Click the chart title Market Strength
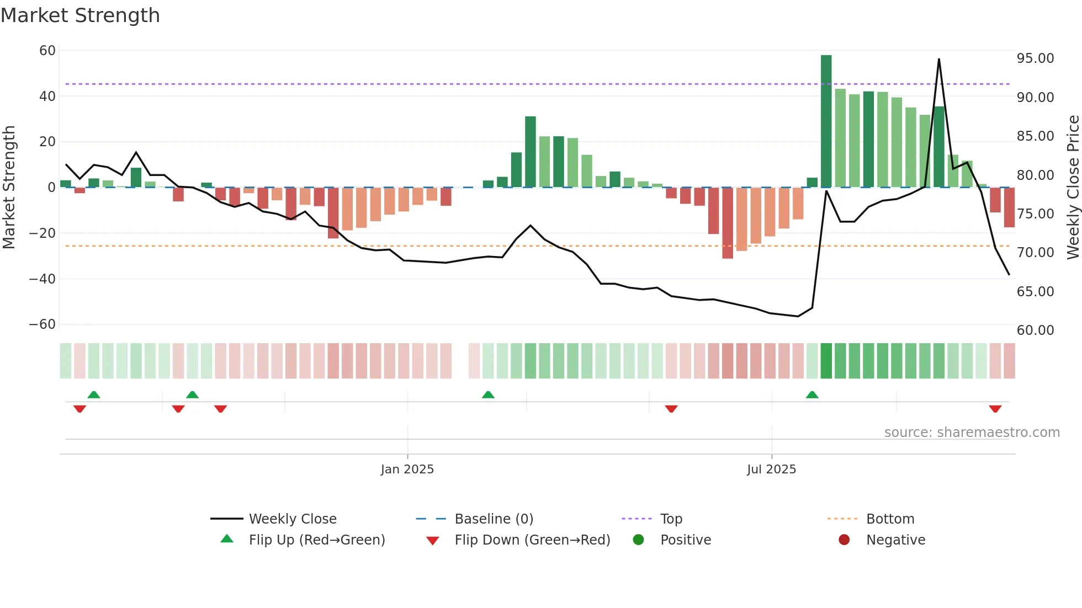[80, 15]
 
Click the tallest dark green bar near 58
[826, 121]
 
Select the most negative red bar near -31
[728, 223]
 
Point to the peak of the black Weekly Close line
[939, 60]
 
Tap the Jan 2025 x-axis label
[407, 470]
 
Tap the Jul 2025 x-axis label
[771, 470]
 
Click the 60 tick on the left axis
[47, 51]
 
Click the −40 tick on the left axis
[43, 279]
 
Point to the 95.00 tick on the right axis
[1035, 58]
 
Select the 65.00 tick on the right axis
[1035, 292]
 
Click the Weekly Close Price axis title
[1073, 188]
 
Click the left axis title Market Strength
[9, 188]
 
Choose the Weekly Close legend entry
[292, 519]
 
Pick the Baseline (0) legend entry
[494, 519]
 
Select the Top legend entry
[671, 519]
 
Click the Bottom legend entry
[890, 519]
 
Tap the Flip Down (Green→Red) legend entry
[532, 540]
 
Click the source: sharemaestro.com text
[972, 433]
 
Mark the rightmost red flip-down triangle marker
[995, 409]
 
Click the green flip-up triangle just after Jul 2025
[812, 395]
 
